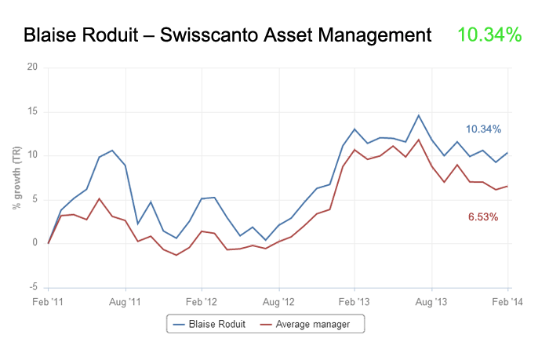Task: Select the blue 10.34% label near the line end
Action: pos(483,129)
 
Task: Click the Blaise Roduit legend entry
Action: pos(210,323)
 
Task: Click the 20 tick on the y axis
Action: pos(32,67)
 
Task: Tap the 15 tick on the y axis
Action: pos(32,111)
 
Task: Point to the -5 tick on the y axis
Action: pos(33,287)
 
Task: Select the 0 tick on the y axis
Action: pos(35,243)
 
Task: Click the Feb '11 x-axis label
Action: pos(49,300)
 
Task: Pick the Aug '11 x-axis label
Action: pos(125,300)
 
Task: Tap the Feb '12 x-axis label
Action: pos(202,300)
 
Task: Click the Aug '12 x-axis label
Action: pos(278,300)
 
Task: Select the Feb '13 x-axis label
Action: pos(354,300)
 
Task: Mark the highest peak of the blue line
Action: pos(419,115)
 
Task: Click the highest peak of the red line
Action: pos(419,140)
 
